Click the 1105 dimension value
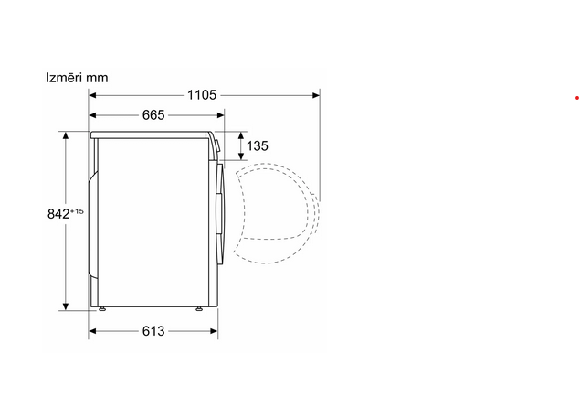pyautogui.click(x=202, y=95)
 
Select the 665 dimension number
pyautogui.click(x=153, y=115)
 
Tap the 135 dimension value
pyautogui.click(x=257, y=146)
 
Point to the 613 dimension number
pyautogui.click(x=153, y=331)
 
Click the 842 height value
pyautogui.click(x=58, y=214)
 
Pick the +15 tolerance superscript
pyautogui.click(x=77, y=211)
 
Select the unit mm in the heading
pyautogui.click(x=97, y=79)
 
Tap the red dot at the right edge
pyautogui.click(x=577, y=98)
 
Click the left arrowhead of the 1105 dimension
pyautogui.click(x=92, y=95)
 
